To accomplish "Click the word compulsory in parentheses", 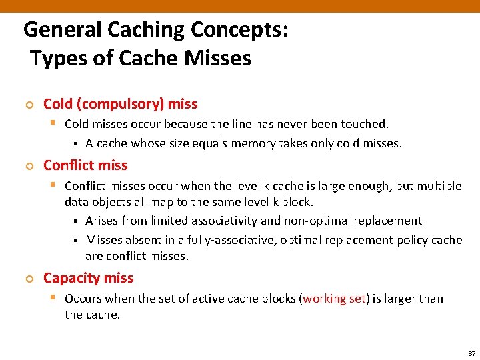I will coord(121,104).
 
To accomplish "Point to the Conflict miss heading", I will coord(85,165).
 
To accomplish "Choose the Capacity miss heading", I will coord(88,279).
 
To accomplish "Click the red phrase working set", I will coord(333,299).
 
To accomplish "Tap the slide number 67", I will coord(472,353).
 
